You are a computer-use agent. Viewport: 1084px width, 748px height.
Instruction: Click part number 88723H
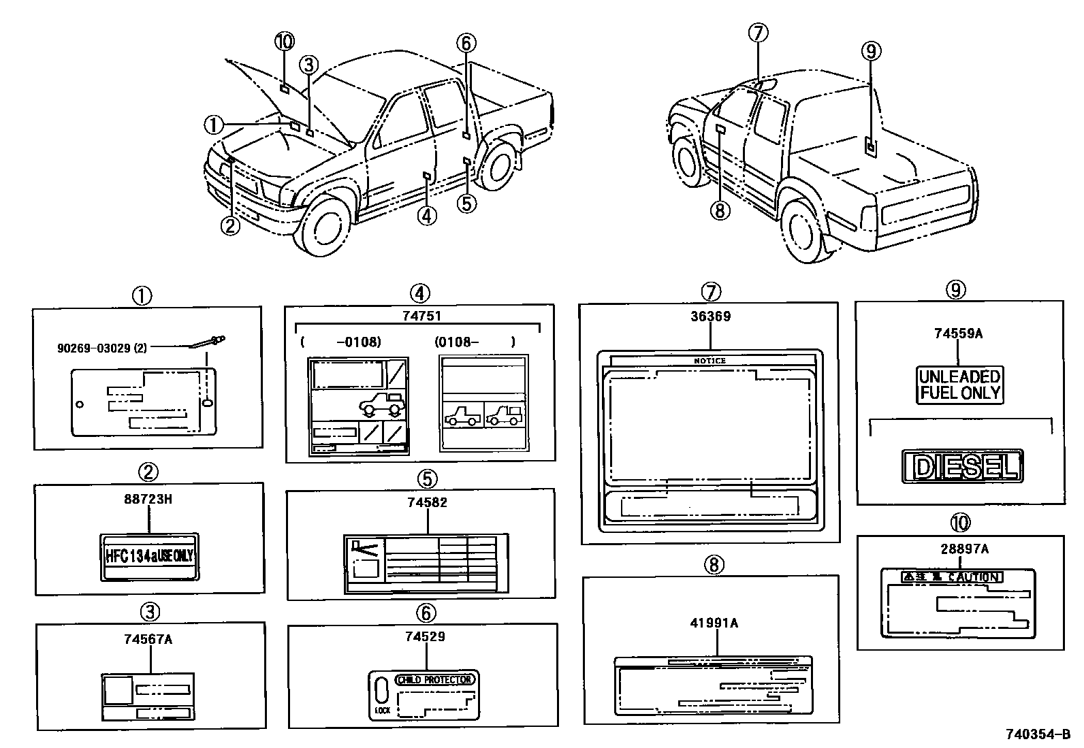148,499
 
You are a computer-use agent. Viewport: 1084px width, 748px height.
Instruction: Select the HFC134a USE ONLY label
150,556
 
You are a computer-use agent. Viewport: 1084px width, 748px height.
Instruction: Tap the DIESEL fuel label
962,467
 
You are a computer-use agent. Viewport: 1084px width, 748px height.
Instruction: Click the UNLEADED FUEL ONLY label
959,385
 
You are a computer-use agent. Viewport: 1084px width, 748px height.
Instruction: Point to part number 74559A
958,334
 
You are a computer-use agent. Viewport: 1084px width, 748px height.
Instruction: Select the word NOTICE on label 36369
710,361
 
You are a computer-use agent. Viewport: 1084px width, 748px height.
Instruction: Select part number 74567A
148,639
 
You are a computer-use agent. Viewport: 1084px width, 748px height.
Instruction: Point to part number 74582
427,502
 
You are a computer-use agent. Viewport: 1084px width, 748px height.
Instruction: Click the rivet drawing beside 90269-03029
208,342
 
